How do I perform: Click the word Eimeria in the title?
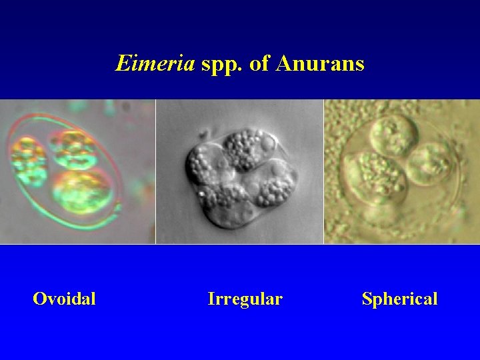(x=155, y=63)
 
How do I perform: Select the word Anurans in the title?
(x=320, y=63)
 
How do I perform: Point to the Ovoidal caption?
(x=64, y=299)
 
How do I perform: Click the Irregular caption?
(x=245, y=299)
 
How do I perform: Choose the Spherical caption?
(x=399, y=299)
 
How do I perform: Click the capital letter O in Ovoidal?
(x=39, y=299)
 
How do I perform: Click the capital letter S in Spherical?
(x=367, y=299)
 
